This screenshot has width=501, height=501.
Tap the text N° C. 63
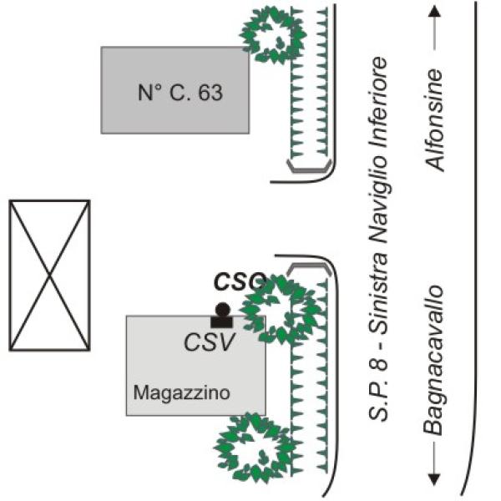tap(180, 93)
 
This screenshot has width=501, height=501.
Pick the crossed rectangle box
tap(49, 275)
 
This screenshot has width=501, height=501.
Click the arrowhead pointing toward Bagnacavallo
tap(434, 478)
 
